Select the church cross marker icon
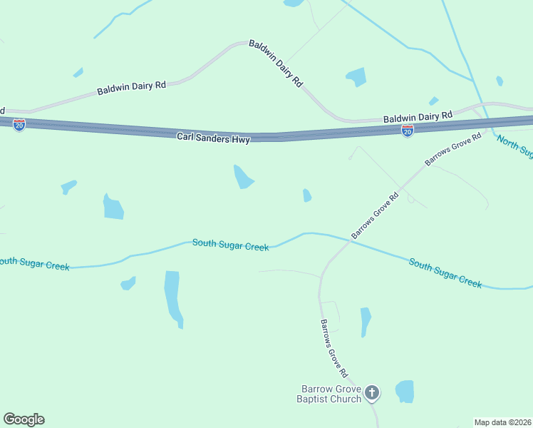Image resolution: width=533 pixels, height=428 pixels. pyautogui.click(x=371, y=392)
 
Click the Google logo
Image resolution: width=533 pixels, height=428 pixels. pyautogui.click(x=24, y=419)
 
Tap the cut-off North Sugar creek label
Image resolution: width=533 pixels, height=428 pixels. pyautogui.click(x=514, y=147)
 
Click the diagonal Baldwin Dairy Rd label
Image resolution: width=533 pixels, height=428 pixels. pyautogui.click(x=276, y=63)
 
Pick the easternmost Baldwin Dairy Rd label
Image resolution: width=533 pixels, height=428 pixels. pyautogui.click(x=418, y=116)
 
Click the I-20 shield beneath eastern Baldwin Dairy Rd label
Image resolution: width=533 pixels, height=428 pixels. pyautogui.click(x=407, y=131)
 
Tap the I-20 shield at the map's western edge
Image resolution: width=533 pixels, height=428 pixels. pyautogui.click(x=19, y=126)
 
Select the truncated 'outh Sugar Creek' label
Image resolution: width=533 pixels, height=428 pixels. pyautogui.click(x=34, y=264)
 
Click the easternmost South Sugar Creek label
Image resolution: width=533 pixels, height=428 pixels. pyautogui.click(x=445, y=273)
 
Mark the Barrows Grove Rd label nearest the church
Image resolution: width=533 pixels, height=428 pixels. pyautogui.click(x=333, y=347)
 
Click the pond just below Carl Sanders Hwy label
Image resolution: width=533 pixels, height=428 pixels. pyautogui.click(x=243, y=177)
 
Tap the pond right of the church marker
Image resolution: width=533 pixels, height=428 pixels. pyautogui.click(x=405, y=391)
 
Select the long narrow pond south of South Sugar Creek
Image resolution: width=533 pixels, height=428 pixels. pyautogui.click(x=173, y=296)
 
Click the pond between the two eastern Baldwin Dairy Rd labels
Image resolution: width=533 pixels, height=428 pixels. pyautogui.click(x=356, y=76)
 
